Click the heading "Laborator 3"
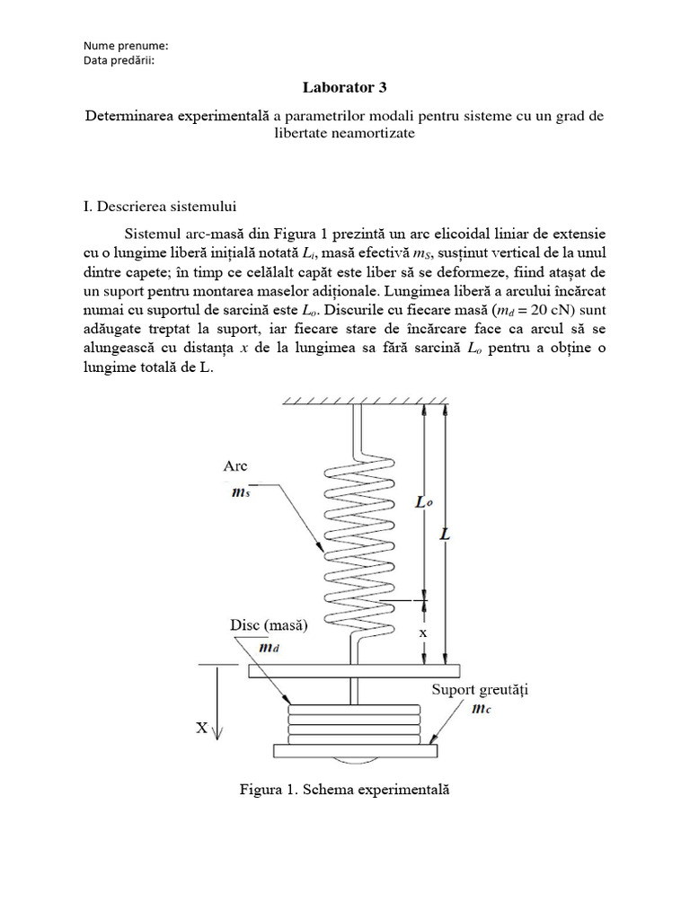coord(345,87)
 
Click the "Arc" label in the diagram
coord(234,465)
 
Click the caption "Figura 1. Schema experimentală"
coord(343,791)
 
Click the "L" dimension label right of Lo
coord(447,534)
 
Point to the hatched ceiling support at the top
coord(367,399)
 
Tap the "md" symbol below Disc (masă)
coord(268,647)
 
